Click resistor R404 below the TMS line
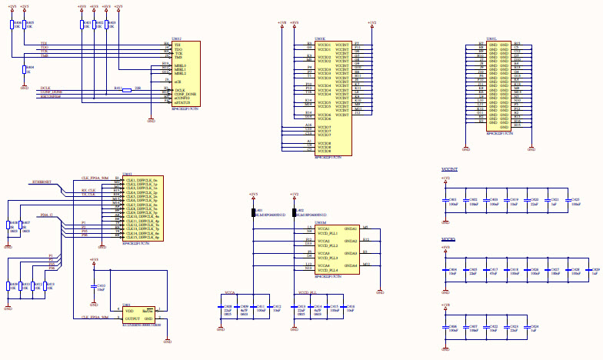[25, 70]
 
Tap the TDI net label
[44, 44]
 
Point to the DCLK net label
[46, 89]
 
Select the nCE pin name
[177, 81]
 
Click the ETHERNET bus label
[42, 182]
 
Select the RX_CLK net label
[88, 190]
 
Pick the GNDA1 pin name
[350, 229]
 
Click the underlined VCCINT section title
[450, 168]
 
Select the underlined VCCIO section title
[448, 240]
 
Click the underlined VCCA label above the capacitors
[230, 293]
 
